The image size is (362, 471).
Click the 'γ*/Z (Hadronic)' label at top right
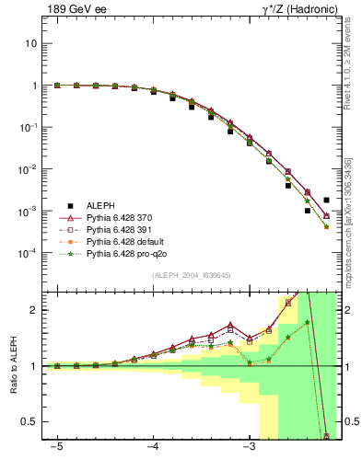(293, 10)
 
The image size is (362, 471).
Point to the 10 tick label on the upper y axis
(30, 43)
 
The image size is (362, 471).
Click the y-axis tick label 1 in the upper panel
(34, 86)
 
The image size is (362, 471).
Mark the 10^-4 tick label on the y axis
(28, 253)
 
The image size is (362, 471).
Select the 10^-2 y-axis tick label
(28, 169)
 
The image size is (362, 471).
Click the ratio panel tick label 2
(34, 310)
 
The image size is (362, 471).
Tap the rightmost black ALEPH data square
(326, 200)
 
